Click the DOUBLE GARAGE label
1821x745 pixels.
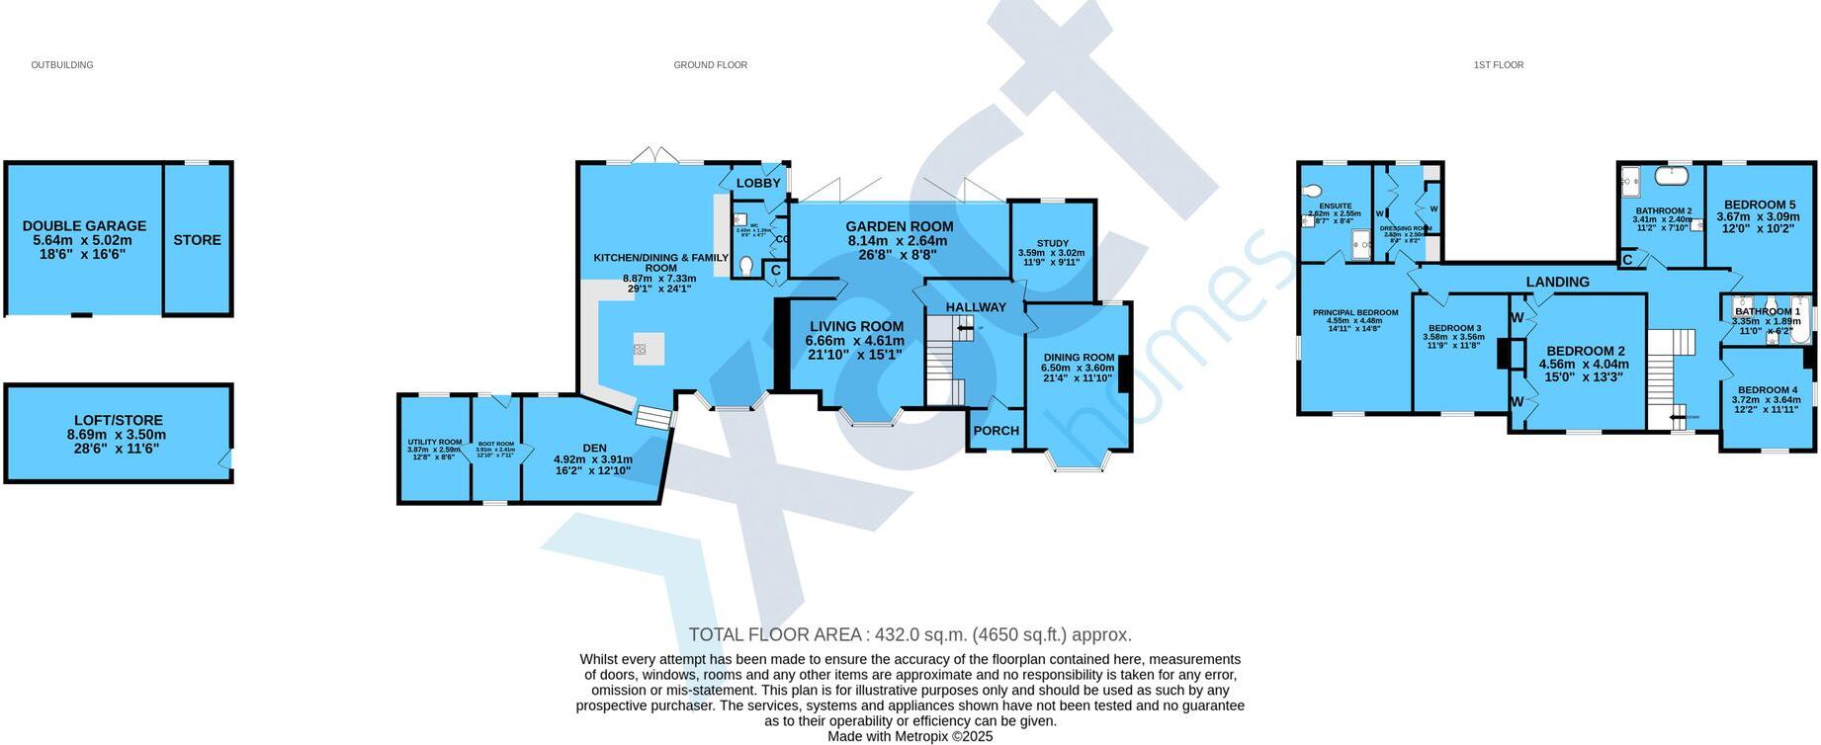click(x=84, y=226)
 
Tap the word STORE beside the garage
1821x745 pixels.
click(x=198, y=240)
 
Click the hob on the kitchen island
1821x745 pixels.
click(x=641, y=349)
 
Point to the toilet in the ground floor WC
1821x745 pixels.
click(x=746, y=265)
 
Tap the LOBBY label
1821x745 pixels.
click(x=758, y=183)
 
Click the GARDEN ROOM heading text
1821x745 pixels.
click(x=899, y=226)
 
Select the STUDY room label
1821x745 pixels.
click(x=1052, y=243)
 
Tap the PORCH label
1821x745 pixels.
click(x=996, y=431)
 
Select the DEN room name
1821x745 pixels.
click(x=594, y=448)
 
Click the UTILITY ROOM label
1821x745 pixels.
click(x=435, y=442)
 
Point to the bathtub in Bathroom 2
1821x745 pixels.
click(x=1672, y=177)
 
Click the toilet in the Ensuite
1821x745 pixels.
click(x=1313, y=191)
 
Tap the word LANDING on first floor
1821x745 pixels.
click(x=1557, y=282)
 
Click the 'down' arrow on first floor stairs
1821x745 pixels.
click(x=1678, y=417)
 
